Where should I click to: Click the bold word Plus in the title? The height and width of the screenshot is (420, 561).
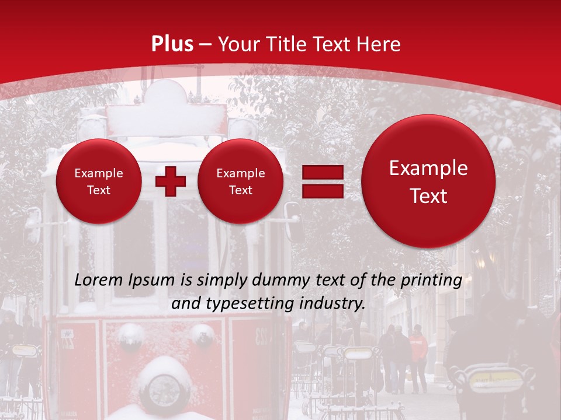click(172, 44)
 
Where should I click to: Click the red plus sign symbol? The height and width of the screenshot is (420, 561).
click(170, 181)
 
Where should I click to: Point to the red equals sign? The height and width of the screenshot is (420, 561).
click(323, 181)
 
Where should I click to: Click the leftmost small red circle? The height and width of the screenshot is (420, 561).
click(99, 181)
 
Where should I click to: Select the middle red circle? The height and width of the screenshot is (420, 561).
click(240, 181)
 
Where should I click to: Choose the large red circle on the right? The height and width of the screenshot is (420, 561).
click(428, 181)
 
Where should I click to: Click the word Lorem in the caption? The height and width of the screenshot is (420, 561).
click(100, 280)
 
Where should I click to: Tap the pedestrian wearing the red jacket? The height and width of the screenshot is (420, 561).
click(417, 356)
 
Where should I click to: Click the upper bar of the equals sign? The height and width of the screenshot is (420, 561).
click(323, 172)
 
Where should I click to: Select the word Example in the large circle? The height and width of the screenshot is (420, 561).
click(428, 168)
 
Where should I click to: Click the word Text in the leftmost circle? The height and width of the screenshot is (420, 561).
click(99, 190)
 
